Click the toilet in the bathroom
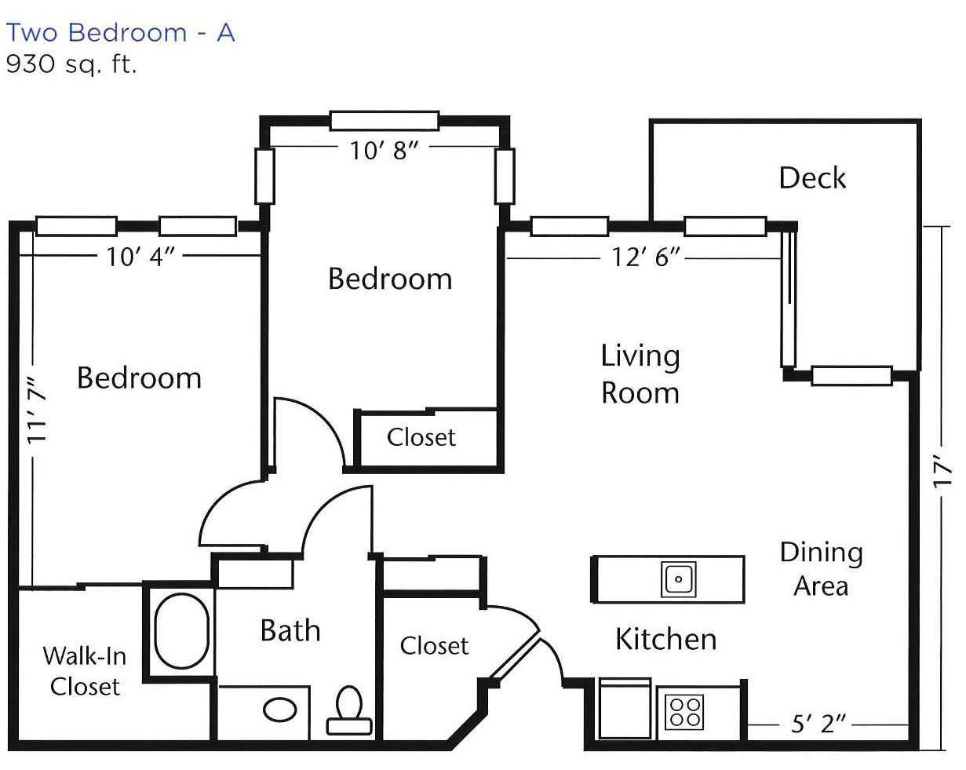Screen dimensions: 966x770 [349, 710]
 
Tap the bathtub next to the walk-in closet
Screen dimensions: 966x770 [182, 630]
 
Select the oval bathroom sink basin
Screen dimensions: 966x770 [279, 710]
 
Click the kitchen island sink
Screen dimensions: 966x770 [678, 579]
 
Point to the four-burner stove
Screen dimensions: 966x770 [684, 712]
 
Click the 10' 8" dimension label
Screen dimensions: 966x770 [385, 151]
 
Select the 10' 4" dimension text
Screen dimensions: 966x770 [140, 257]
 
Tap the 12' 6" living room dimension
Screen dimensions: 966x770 [646, 257]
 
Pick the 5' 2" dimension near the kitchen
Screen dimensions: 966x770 [818, 724]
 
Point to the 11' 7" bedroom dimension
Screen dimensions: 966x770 [37, 411]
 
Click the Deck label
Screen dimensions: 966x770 [812, 178]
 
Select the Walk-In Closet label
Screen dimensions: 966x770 [85, 672]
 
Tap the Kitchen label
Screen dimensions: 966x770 [665, 640]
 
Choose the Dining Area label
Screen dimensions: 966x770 [821, 569]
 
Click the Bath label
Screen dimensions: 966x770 [290, 630]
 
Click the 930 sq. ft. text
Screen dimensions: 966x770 [71, 64]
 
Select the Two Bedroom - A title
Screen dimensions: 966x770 [120, 32]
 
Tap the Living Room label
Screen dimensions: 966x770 [640, 374]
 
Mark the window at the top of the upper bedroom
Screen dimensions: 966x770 [385, 121]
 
